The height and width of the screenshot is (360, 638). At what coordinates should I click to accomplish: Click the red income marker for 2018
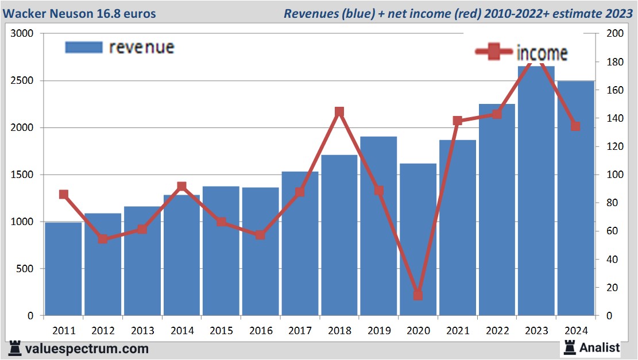pyautogui.click(x=339, y=112)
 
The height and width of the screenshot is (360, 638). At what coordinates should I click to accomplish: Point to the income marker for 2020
pyautogui.click(x=418, y=295)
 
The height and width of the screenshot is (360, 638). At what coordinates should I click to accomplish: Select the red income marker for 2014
pyautogui.click(x=181, y=187)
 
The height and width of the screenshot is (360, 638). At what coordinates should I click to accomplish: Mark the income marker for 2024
pyautogui.click(x=575, y=126)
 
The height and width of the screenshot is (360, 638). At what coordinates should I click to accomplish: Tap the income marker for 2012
pyautogui.click(x=103, y=239)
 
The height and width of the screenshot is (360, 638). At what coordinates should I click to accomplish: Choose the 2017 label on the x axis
pyautogui.click(x=300, y=331)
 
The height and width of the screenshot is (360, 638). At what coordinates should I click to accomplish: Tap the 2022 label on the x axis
pyautogui.click(x=497, y=331)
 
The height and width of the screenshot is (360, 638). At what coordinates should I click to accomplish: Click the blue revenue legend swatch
pyautogui.click(x=84, y=47)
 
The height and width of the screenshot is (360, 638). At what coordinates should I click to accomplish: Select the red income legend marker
pyautogui.click(x=493, y=52)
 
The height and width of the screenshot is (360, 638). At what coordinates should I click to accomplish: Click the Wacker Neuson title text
pyautogui.click(x=82, y=13)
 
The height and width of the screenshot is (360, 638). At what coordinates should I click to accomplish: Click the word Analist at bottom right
pyautogui.click(x=600, y=347)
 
